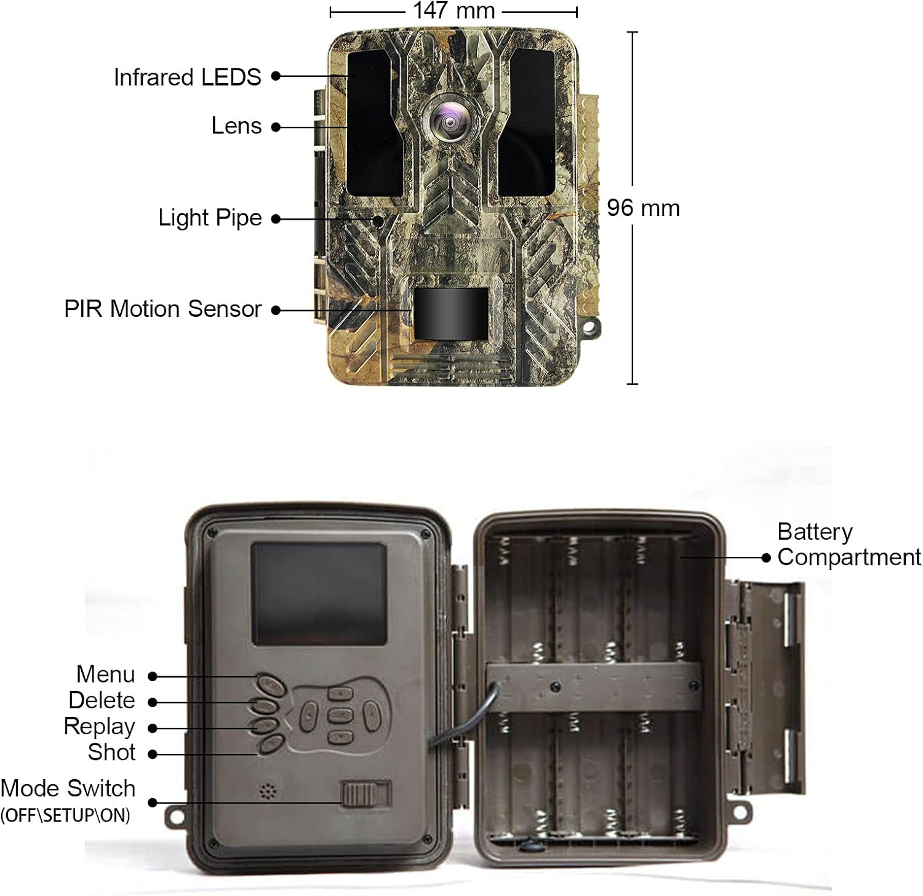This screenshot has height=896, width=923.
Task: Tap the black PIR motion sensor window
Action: pyautogui.click(x=451, y=313)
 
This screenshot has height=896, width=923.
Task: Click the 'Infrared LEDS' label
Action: pyautogui.click(x=188, y=77)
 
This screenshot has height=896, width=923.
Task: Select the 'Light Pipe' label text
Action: pyautogui.click(x=210, y=218)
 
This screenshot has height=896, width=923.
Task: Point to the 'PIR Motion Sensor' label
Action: pyautogui.click(x=163, y=309)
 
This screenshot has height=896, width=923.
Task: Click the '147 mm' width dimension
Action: pyautogui.click(x=454, y=10)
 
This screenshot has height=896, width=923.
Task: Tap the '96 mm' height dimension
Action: pyautogui.click(x=643, y=208)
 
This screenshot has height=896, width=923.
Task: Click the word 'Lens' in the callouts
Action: pyautogui.click(x=237, y=126)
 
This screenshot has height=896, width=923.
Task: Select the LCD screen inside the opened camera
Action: pyautogui.click(x=319, y=594)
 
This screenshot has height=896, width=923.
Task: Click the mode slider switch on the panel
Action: pyautogui.click(x=367, y=793)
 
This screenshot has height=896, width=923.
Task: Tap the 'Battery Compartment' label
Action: pyautogui.click(x=849, y=545)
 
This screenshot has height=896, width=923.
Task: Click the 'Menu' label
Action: pyautogui.click(x=105, y=674)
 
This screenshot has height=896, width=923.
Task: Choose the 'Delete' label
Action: pyautogui.click(x=102, y=700)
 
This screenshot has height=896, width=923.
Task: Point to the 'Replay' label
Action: pyautogui.click(x=99, y=727)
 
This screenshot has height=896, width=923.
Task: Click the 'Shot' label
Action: pyautogui.click(x=111, y=752)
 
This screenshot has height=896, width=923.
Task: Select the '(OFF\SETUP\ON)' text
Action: pyautogui.click(x=65, y=815)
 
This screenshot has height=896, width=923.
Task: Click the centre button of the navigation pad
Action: pyautogui.click(x=340, y=715)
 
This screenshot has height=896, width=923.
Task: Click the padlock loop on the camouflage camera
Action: pyautogui.click(x=589, y=327)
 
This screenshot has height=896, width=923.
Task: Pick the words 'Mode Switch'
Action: pyautogui.click(x=68, y=788)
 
